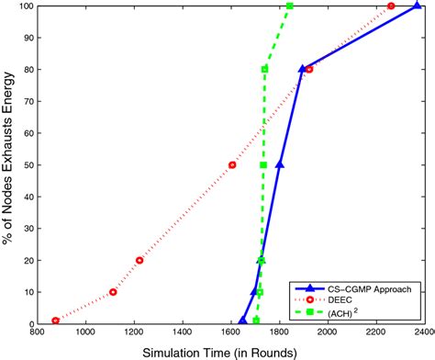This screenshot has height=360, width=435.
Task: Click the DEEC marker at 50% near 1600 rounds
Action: click(232, 165)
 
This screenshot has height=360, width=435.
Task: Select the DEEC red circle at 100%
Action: click(391, 6)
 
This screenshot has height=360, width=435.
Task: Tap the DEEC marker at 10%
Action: click(114, 292)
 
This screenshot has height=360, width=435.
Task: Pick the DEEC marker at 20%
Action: click(139, 260)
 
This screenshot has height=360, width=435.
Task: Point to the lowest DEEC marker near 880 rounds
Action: click(56, 321)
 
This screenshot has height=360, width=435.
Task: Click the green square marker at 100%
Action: click(290, 6)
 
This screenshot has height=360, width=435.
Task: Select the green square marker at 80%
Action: click(264, 69)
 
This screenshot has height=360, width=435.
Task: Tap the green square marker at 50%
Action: click(263, 165)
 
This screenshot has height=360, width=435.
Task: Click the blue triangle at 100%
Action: click(418, 6)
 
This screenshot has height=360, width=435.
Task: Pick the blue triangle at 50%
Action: click(280, 165)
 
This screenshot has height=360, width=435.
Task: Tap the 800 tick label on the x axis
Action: click(39, 335)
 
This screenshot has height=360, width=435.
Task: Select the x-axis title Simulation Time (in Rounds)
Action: click(229, 352)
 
